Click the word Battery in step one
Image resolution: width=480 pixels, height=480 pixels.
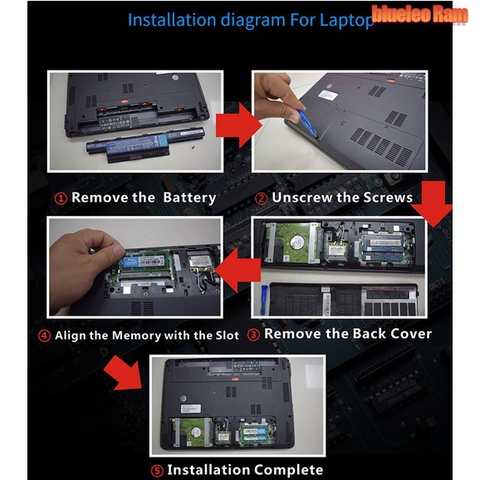click(x=189, y=198)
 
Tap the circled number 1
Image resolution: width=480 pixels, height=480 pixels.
click(x=61, y=198)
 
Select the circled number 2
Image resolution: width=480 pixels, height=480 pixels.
click(x=261, y=198)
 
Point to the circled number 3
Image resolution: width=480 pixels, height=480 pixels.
click(x=253, y=335)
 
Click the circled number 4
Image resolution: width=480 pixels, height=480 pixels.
click(x=44, y=336)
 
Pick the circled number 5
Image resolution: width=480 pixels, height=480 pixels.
click(x=157, y=471)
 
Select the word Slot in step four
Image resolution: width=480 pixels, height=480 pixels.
click(x=228, y=336)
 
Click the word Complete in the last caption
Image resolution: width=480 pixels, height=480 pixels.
click(x=288, y=469)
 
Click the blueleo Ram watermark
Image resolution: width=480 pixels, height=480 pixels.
click(x=419, y=14)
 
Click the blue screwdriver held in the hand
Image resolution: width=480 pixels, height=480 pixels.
click(x=307, y=123)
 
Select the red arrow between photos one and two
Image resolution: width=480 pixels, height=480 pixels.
click(x=239, y=125)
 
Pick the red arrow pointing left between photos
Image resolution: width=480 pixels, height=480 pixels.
click(x=238, y=270)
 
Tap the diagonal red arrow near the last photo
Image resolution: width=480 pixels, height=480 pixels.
click(x=124, y=373)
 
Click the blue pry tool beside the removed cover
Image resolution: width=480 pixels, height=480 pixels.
click(x=263, y=300)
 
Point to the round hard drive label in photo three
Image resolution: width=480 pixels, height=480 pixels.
click(x=296, y=242)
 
